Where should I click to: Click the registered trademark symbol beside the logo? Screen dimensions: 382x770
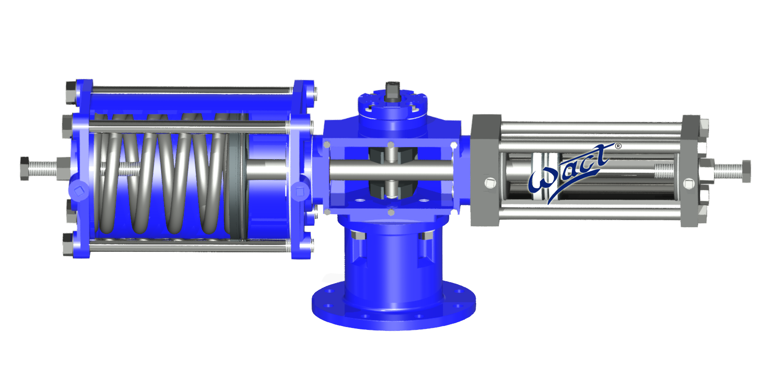619,146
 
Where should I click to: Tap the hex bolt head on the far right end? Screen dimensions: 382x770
746,171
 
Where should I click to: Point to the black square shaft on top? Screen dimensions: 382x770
392,91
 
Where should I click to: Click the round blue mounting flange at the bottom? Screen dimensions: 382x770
393,309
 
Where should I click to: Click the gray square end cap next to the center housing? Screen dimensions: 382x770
485,171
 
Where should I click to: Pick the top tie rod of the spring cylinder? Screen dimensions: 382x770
191,90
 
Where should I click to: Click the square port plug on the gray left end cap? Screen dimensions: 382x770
490,182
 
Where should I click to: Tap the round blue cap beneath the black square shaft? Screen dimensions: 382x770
392,109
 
